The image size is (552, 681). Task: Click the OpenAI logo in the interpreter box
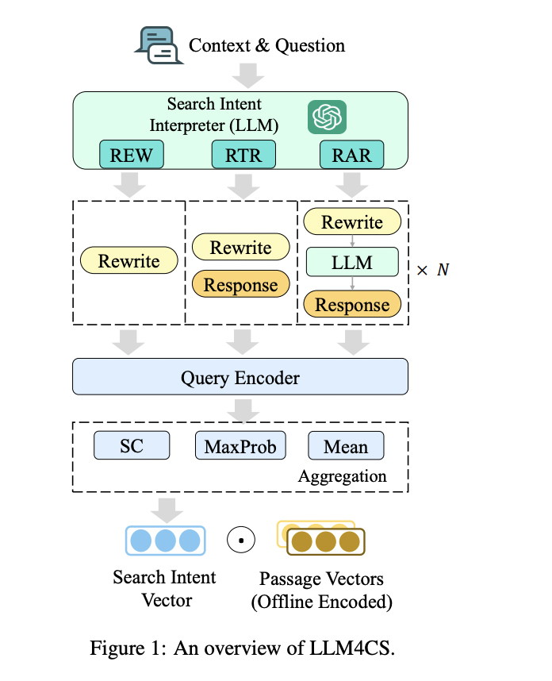point(327,117)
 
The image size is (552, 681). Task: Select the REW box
point(132,155)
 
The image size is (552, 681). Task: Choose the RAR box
point(351,155)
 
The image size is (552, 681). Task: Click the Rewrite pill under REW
point(128,261)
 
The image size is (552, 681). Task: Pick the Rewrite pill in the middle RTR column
point(241,248)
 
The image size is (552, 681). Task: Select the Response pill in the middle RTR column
point(241,285)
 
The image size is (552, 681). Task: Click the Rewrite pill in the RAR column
point(352,223)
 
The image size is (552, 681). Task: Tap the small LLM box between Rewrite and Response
point(352,262)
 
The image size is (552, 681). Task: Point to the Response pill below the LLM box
point(352,305)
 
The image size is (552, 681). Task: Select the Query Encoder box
point(240,377)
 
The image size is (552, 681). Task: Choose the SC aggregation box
point(132,445)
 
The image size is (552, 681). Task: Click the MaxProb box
point(240,445)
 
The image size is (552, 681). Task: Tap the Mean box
point(346,445)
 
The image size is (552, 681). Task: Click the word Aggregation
point(343,476)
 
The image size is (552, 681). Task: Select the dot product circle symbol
point(240,541)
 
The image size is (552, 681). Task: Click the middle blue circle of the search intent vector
point(165,541)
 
